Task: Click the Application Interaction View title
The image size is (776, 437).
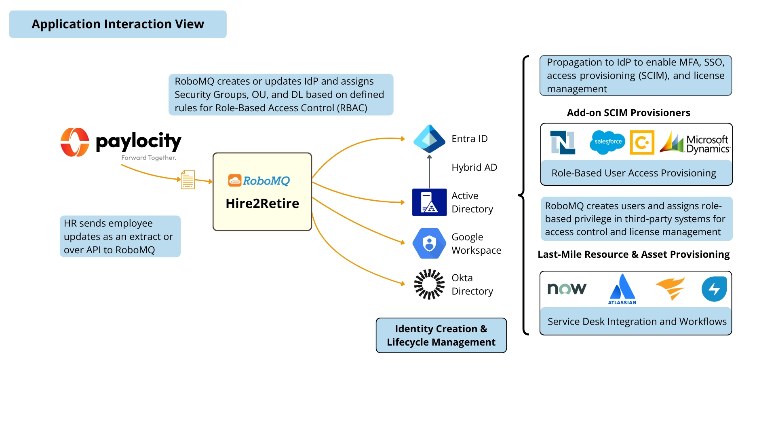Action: click(x=118, y=24)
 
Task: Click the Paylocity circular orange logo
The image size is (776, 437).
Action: click(x=75, y=142)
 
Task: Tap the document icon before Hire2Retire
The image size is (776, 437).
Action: click(x=188, y=179)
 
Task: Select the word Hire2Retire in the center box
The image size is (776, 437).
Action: click(x=262, y=204)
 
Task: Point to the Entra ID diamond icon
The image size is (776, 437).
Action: click(x=429, y=139)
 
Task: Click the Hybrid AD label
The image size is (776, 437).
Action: click(x=474, y=168)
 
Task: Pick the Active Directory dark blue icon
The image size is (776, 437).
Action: click(x=429, y=202)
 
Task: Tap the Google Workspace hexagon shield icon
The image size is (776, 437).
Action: click(x=429, y=244)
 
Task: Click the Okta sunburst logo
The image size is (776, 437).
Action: click(x=429, y=284)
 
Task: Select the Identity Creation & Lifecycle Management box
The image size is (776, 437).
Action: click(x=441, y=335)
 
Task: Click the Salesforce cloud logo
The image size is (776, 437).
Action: click(x=607, y=142)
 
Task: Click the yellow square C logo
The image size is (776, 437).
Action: click(x=642, y=142)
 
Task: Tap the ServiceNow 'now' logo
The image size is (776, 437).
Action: click(x=567, y=289)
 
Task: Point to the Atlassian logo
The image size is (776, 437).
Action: click(x=622, y=289)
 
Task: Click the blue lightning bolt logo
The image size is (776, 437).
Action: click(x=714, y=289)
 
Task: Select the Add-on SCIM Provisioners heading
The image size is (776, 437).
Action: click(x=628, y=113)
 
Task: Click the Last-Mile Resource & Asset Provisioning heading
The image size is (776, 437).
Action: click(x=633, y=255)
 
